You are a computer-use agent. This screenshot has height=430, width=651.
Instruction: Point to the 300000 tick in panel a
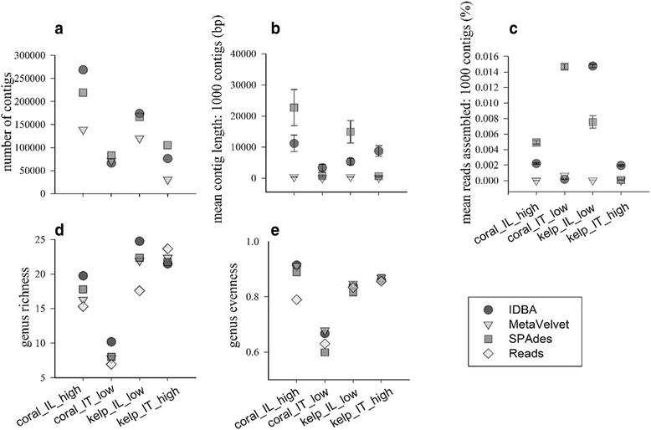28,54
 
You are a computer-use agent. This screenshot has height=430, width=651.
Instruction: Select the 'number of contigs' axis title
12,124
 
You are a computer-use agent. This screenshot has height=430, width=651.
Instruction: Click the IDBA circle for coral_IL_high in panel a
83,69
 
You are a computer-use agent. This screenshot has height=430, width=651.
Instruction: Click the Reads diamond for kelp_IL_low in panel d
140,290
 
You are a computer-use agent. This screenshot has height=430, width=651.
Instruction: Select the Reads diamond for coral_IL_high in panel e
295,299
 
